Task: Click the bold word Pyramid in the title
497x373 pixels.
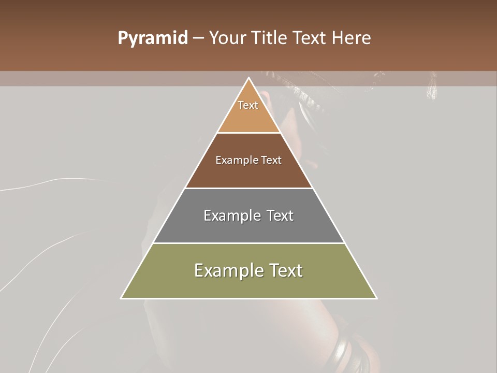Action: click(x=152, y=38)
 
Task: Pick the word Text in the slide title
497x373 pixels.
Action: click(x=311, y=38)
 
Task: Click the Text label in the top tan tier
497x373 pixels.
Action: click(x=248, y=105)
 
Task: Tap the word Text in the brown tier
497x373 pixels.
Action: click(x=271, y=160)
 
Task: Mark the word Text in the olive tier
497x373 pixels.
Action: click(x=284, y=270)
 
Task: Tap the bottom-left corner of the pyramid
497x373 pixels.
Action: click(x=122, y=298)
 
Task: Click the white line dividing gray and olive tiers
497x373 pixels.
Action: click(x=248, y=243)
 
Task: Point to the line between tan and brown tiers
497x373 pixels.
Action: click(x=248, y=133)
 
